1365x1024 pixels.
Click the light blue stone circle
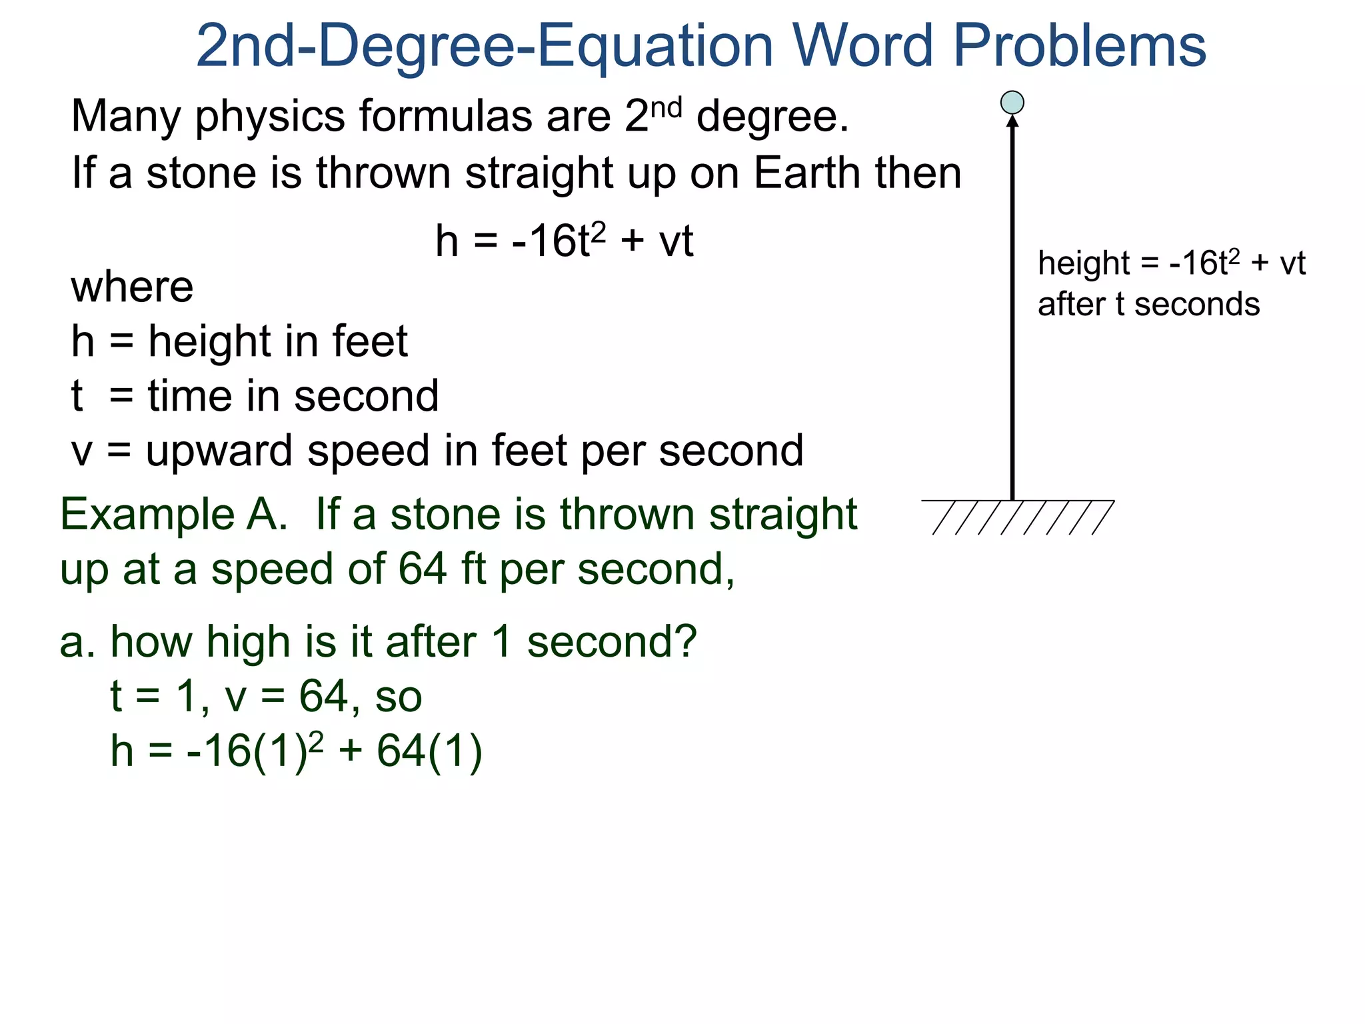pos(1012,103)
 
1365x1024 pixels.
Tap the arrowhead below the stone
pos(1012,121)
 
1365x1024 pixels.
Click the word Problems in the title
pos(1080,47)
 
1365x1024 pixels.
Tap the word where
pos(132,287)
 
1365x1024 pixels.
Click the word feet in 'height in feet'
pos(370,341)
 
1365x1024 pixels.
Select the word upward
pos(219,452)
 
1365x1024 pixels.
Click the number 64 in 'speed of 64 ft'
pos(423,569)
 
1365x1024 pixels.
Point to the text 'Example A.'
pos(173,515)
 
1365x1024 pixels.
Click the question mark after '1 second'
pos(684,641)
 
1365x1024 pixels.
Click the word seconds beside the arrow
pos(1197,305)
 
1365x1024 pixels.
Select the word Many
pos(125,116)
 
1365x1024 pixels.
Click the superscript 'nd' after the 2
pos(666,107)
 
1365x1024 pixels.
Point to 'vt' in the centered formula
pos(676,241)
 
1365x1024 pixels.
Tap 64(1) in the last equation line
pos(429,751)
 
